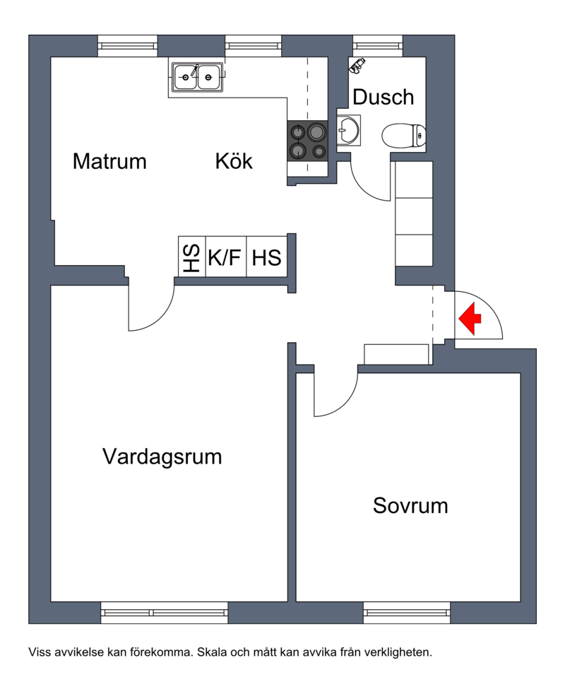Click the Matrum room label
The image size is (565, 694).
[x=109, y=161]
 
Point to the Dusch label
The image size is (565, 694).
[x=383, y=97]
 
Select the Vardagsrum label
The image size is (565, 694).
[x=162, y=457]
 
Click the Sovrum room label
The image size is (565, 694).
[x=410, y=505]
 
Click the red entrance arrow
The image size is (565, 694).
[x=470, y=318]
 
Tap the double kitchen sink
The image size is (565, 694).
[x=197, y=77]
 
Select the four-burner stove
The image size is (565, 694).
[x=307, y=141]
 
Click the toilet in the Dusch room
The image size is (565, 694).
[x=404, y=136]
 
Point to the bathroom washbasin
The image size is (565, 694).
[x=348, y=130]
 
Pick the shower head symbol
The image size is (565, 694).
[x=357, y=65]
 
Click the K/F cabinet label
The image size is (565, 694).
[x=225, y=257]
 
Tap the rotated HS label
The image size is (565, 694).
[x=191, y=257]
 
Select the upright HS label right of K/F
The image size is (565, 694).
[x=266, y=257]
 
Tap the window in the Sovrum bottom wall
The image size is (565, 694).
[x=407, y=613]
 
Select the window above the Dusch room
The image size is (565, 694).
[x=378, y=46]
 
